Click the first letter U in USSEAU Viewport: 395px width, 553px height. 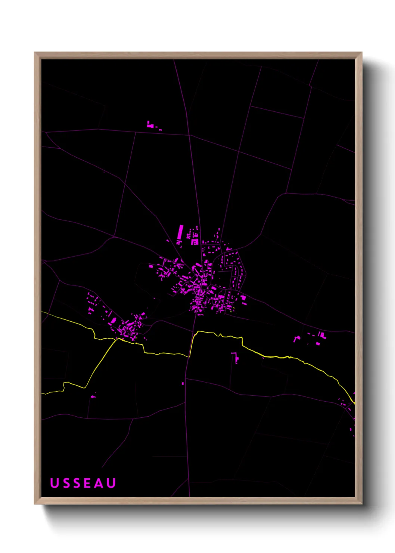(x=55, y=483)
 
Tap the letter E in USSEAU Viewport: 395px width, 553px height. (x=87, y=483)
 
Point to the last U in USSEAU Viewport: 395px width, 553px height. (x=111, y=483)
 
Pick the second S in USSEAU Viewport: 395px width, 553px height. (x=76, y=483)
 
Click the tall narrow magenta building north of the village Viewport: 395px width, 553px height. (x=180, y=232)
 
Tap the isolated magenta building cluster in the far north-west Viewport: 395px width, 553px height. (x=151, y=125)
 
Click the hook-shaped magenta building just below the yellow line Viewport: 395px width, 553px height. (x=236, y=357)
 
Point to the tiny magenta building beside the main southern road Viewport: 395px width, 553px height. (x=183, y=383)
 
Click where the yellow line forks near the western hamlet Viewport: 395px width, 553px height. (x=117, y=339)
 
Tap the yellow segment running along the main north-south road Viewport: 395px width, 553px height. (x=192, y=345)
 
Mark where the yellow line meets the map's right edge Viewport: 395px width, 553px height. (x=354, y=403)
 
